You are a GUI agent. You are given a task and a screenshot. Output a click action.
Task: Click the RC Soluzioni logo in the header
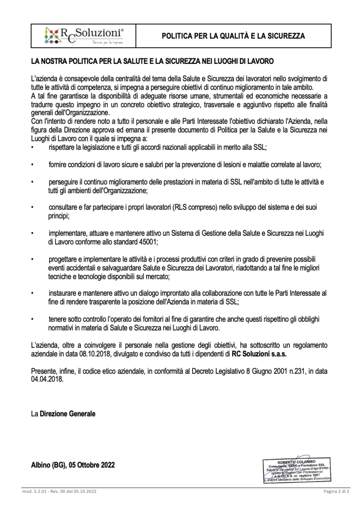point(84,36)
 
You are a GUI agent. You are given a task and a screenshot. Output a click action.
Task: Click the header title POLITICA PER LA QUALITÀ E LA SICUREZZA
point(233,36)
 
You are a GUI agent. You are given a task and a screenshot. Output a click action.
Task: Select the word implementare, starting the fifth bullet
point(66,233)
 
